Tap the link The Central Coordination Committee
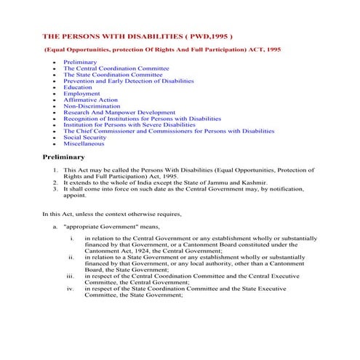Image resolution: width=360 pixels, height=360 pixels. pos(116,68)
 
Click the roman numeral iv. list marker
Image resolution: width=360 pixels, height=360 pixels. pos(71,289)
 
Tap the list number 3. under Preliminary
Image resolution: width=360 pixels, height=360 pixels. pos(57,188)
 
